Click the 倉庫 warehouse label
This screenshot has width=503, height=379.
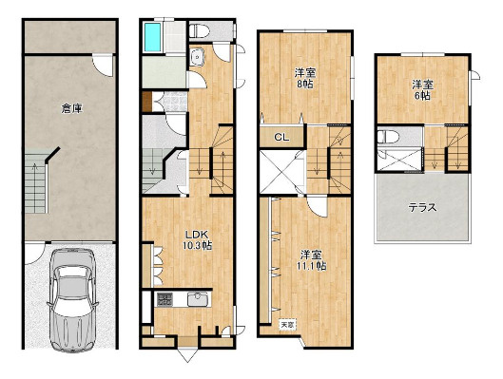click(72, 109)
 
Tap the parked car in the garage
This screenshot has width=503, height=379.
click(72, 299)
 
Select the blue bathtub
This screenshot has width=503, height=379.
click(152, 37)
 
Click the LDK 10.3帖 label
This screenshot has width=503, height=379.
click(197, 239)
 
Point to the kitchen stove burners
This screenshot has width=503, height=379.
click(164, 299)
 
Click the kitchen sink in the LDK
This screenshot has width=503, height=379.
click(198, 299)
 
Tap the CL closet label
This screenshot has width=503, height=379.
click(281, 137)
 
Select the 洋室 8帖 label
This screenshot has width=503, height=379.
click(305, 79)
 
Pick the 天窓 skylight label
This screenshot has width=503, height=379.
click(288, 325)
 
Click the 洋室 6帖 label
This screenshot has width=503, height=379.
click(422, 90)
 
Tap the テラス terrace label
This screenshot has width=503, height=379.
click(422, 208)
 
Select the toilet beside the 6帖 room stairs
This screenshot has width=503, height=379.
click(388, 137)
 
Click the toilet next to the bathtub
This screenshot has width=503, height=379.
click(200, 31)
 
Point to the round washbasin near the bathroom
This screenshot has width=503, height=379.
click(196, 57)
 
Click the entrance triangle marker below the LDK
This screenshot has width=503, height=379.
click(187, 354)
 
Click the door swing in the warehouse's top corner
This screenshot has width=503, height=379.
click(103, 66)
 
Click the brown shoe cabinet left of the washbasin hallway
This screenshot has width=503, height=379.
click(146, 102)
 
